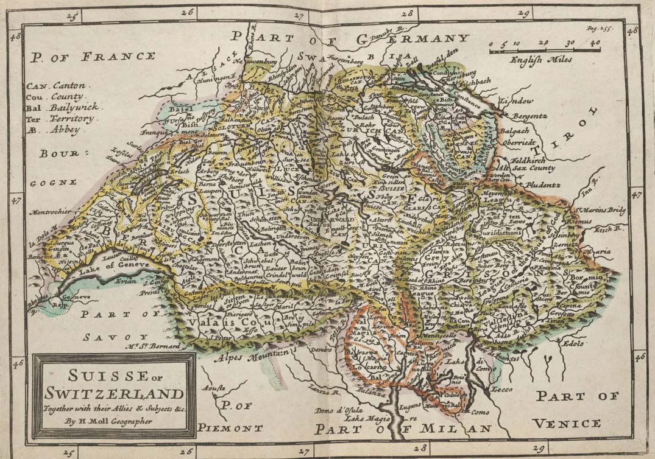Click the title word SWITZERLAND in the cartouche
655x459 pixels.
(114, 393)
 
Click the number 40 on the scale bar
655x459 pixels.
(595, 43)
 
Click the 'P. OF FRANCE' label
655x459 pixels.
(91, 57)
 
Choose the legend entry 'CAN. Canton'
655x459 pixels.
(56, 86)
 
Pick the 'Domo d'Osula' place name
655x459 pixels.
(336, 410)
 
